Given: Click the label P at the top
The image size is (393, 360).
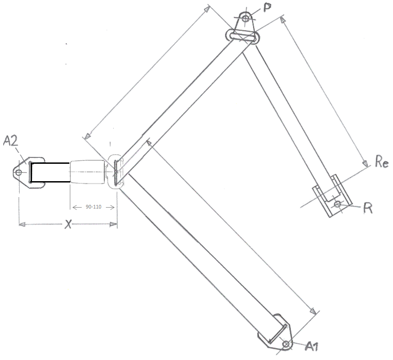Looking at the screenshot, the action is click(x=267, y=7).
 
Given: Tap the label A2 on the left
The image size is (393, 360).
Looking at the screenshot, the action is click(x=10, y=141).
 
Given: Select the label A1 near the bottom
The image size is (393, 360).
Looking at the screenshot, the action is click(x=312, y=346).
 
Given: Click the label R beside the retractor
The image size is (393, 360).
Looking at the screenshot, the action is click(x=368, y=208).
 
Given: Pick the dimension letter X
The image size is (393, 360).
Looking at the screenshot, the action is click(x=68, y=224).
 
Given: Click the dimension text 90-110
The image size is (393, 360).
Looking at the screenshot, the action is click(x=94, y=207).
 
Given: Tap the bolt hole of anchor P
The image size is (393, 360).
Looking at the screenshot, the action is click(x=246, y=18).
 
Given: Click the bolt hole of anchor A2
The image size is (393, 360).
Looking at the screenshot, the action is click(x=19, y=172).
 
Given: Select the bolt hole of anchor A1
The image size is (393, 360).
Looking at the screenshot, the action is click(x=286, y=344).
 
